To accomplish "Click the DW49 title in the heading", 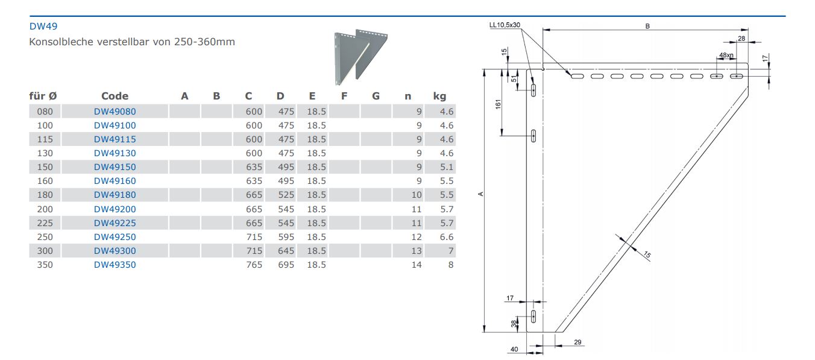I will pyautogui.click(x=43, y=27).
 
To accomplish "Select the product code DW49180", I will pyautogui.click(x=115, y=195).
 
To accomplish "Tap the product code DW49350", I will pyautogui.click(x=115, y=265).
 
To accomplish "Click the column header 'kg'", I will pyautogui.click(x=439, y=96).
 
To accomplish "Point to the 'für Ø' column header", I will pyautogui.click(x=43, y=96).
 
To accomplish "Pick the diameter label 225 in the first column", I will pyautogui.click(x=45, y=223).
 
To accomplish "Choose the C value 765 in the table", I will pyautogui.click(x=254, y=265).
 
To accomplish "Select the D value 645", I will pyautogui.click(x=285, y=251).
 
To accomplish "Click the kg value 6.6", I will pyautogui.click(x=447, y=237).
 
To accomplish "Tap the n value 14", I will pyautogui.click(x=417, y=265).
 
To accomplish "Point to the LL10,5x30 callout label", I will pyautogui.click(x=505, y=25).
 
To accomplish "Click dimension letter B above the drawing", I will pyautogui.click(x=647, y=26).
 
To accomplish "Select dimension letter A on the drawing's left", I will pyautogui.click(x=480, y=194).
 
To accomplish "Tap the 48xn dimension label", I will pyautogui.click(x=726, y=55).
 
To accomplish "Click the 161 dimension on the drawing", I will pyautogui.click(x=499, y=103).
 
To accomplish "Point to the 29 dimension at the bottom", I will pyautogui.click(x=577, y=343).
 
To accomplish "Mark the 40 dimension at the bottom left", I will pyautogui.click(x=514, y=349).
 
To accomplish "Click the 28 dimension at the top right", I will pyautogui.click(x=741, y=38).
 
